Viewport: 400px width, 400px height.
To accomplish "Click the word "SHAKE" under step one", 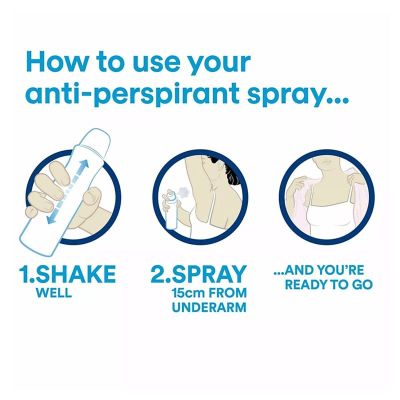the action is tap(76, 274).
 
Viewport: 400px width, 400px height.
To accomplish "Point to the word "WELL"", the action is tap(54, 292).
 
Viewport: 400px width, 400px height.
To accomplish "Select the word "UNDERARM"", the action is tap(209, 307).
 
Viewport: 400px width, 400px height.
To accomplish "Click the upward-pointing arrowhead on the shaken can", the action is tap(83, 165).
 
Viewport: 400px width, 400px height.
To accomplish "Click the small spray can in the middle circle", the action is tap(171, 209).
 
